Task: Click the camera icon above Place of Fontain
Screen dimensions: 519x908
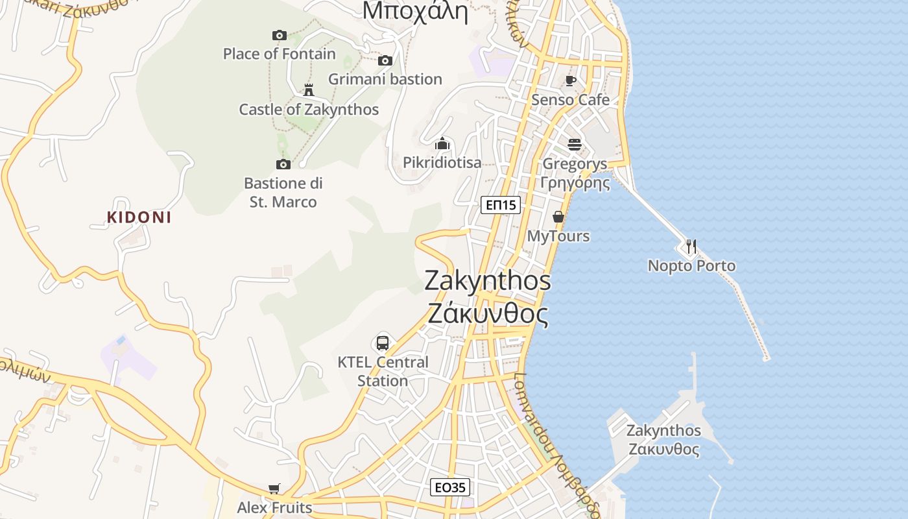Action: [x=280, y=35]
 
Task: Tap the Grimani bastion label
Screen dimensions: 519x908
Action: [x=385, y=79]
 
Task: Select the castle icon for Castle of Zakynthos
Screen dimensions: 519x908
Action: [x=309, y=90]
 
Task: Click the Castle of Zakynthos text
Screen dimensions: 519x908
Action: [x=309, y=110]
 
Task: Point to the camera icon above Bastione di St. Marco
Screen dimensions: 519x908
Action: [x=283, y=164]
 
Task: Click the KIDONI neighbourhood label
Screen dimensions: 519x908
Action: [x=139, y=217]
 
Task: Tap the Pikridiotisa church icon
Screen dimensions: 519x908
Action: [x=442, y=143]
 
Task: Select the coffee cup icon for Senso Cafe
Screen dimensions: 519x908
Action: [x=571, y=80]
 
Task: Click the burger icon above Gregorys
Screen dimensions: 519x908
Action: [x=575, y=144]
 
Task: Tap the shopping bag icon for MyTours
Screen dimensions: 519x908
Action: [x=558, y=217]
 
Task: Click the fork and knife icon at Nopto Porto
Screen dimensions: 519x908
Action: [x=691, y=247]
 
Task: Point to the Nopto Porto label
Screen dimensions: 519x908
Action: [x=691, y=266]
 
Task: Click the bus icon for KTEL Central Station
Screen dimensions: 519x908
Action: [x=383, y=343]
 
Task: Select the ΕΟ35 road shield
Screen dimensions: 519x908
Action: [x=450, y=487]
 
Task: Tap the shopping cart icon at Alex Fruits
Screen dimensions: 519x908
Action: [x=274, y=489]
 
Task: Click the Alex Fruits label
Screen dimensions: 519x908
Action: [x=274, y=507]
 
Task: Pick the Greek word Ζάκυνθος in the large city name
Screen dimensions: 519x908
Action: [x=488, y=314]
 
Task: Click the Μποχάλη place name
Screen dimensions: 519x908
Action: [x=415, y=12]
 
